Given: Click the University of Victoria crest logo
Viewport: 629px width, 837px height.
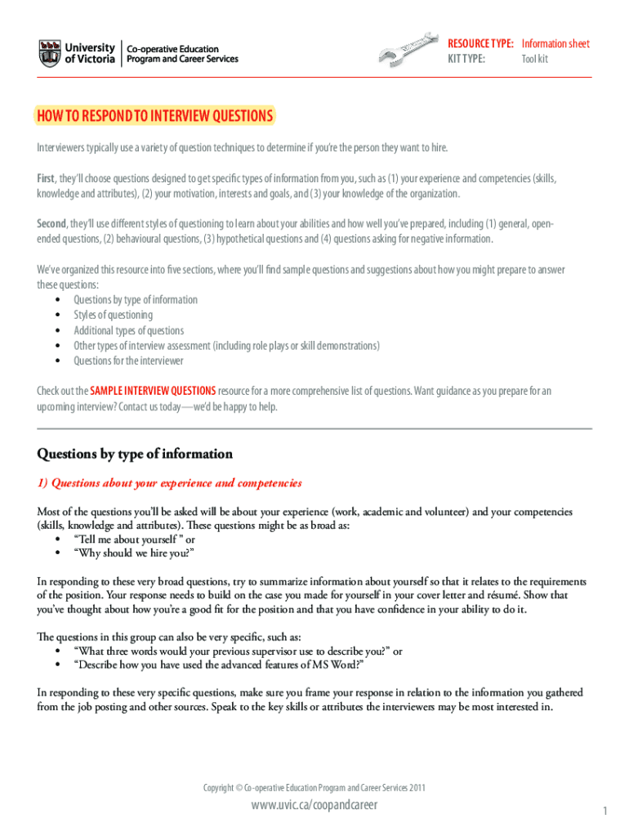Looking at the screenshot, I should coord(49,54).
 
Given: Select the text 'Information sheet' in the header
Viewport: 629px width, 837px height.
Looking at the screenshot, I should coord(555,43).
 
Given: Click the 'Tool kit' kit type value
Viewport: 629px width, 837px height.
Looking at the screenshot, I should coord(535,59).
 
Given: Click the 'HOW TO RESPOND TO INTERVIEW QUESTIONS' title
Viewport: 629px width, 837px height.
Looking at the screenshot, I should coord(155,116).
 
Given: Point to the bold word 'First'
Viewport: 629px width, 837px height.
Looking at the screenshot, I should coord(46,178).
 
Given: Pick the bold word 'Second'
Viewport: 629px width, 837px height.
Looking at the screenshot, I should coord(51,223).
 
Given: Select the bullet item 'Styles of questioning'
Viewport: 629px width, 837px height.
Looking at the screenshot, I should coord(113,315).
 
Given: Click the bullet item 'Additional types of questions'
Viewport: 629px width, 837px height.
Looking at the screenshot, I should coord(128,330).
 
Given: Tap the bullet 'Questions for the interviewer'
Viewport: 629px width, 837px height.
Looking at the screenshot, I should coord(128,360).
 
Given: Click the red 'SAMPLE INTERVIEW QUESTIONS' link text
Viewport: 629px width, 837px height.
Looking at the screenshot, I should coord(153,391).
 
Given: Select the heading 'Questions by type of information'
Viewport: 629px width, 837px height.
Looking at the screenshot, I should coord(135,454).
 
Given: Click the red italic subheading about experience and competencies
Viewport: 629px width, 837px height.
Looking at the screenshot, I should coord(169,483).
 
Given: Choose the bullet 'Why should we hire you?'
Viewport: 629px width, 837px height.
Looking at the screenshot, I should coord(134,553).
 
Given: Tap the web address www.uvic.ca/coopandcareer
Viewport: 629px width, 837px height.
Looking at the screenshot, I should coord(314,806).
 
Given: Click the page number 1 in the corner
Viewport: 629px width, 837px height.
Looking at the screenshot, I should coord(604,811).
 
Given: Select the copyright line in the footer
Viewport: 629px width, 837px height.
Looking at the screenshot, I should coord(314,788).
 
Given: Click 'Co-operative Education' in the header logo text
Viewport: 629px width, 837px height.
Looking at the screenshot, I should coord(172,48).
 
